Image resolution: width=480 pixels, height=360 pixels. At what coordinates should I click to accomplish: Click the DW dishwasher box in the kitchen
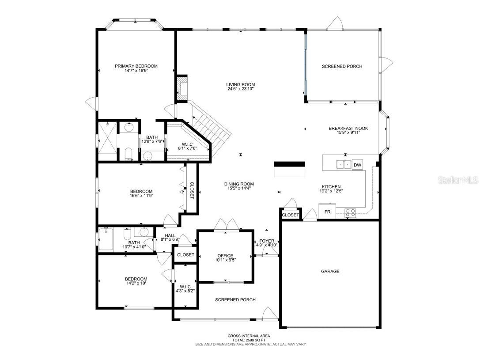(x=357, y=165)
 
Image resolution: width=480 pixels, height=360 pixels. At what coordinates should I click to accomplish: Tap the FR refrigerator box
(x=327, y=212)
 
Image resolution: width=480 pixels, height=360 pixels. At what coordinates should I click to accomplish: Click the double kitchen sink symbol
(x=344, y=165)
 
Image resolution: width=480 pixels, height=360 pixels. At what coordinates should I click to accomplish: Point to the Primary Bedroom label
(x=136, y=66)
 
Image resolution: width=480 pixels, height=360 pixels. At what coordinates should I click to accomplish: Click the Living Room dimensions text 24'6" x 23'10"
(x=240, y=89)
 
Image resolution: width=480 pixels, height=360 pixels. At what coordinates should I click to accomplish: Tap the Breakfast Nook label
(x=348, y=129)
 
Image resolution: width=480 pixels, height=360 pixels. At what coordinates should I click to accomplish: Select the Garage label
(x=330, y=271)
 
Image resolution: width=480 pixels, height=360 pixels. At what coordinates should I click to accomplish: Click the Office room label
(x=225, y=255)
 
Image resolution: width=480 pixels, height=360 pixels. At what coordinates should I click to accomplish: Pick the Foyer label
(x=267, y=241)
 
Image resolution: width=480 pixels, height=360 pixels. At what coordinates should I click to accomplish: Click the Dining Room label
(x=239, y=184)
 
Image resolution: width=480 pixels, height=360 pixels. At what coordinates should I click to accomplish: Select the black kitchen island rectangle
(x=289, y=169)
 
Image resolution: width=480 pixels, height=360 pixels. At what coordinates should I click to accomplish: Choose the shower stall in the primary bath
(x=107, y=140)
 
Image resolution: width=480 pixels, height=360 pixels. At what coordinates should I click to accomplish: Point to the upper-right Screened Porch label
(x=342, y=66)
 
